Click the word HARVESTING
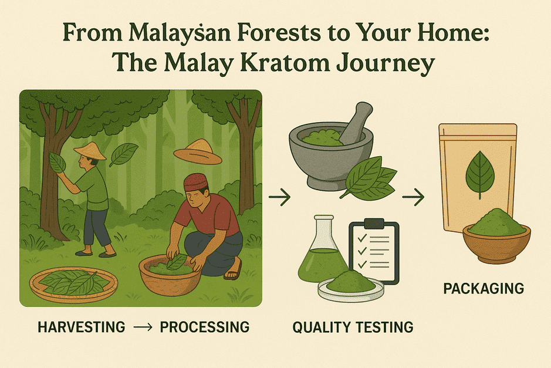click(x=81, y=327)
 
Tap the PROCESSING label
click(x=205, y=327)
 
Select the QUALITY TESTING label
click(x=353, y=328)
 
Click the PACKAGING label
click(x=484, y=289)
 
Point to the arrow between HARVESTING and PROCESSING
click(x=143, y=328)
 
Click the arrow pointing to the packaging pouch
click(x=413, y=197)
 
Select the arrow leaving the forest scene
click(x=280, y=197)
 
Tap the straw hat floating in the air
click(x=198, y=152)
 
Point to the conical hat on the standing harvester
click(x=90, y=151)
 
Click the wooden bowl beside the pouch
click(x=496, y=242)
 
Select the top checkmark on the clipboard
click(x=362, y=239)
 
